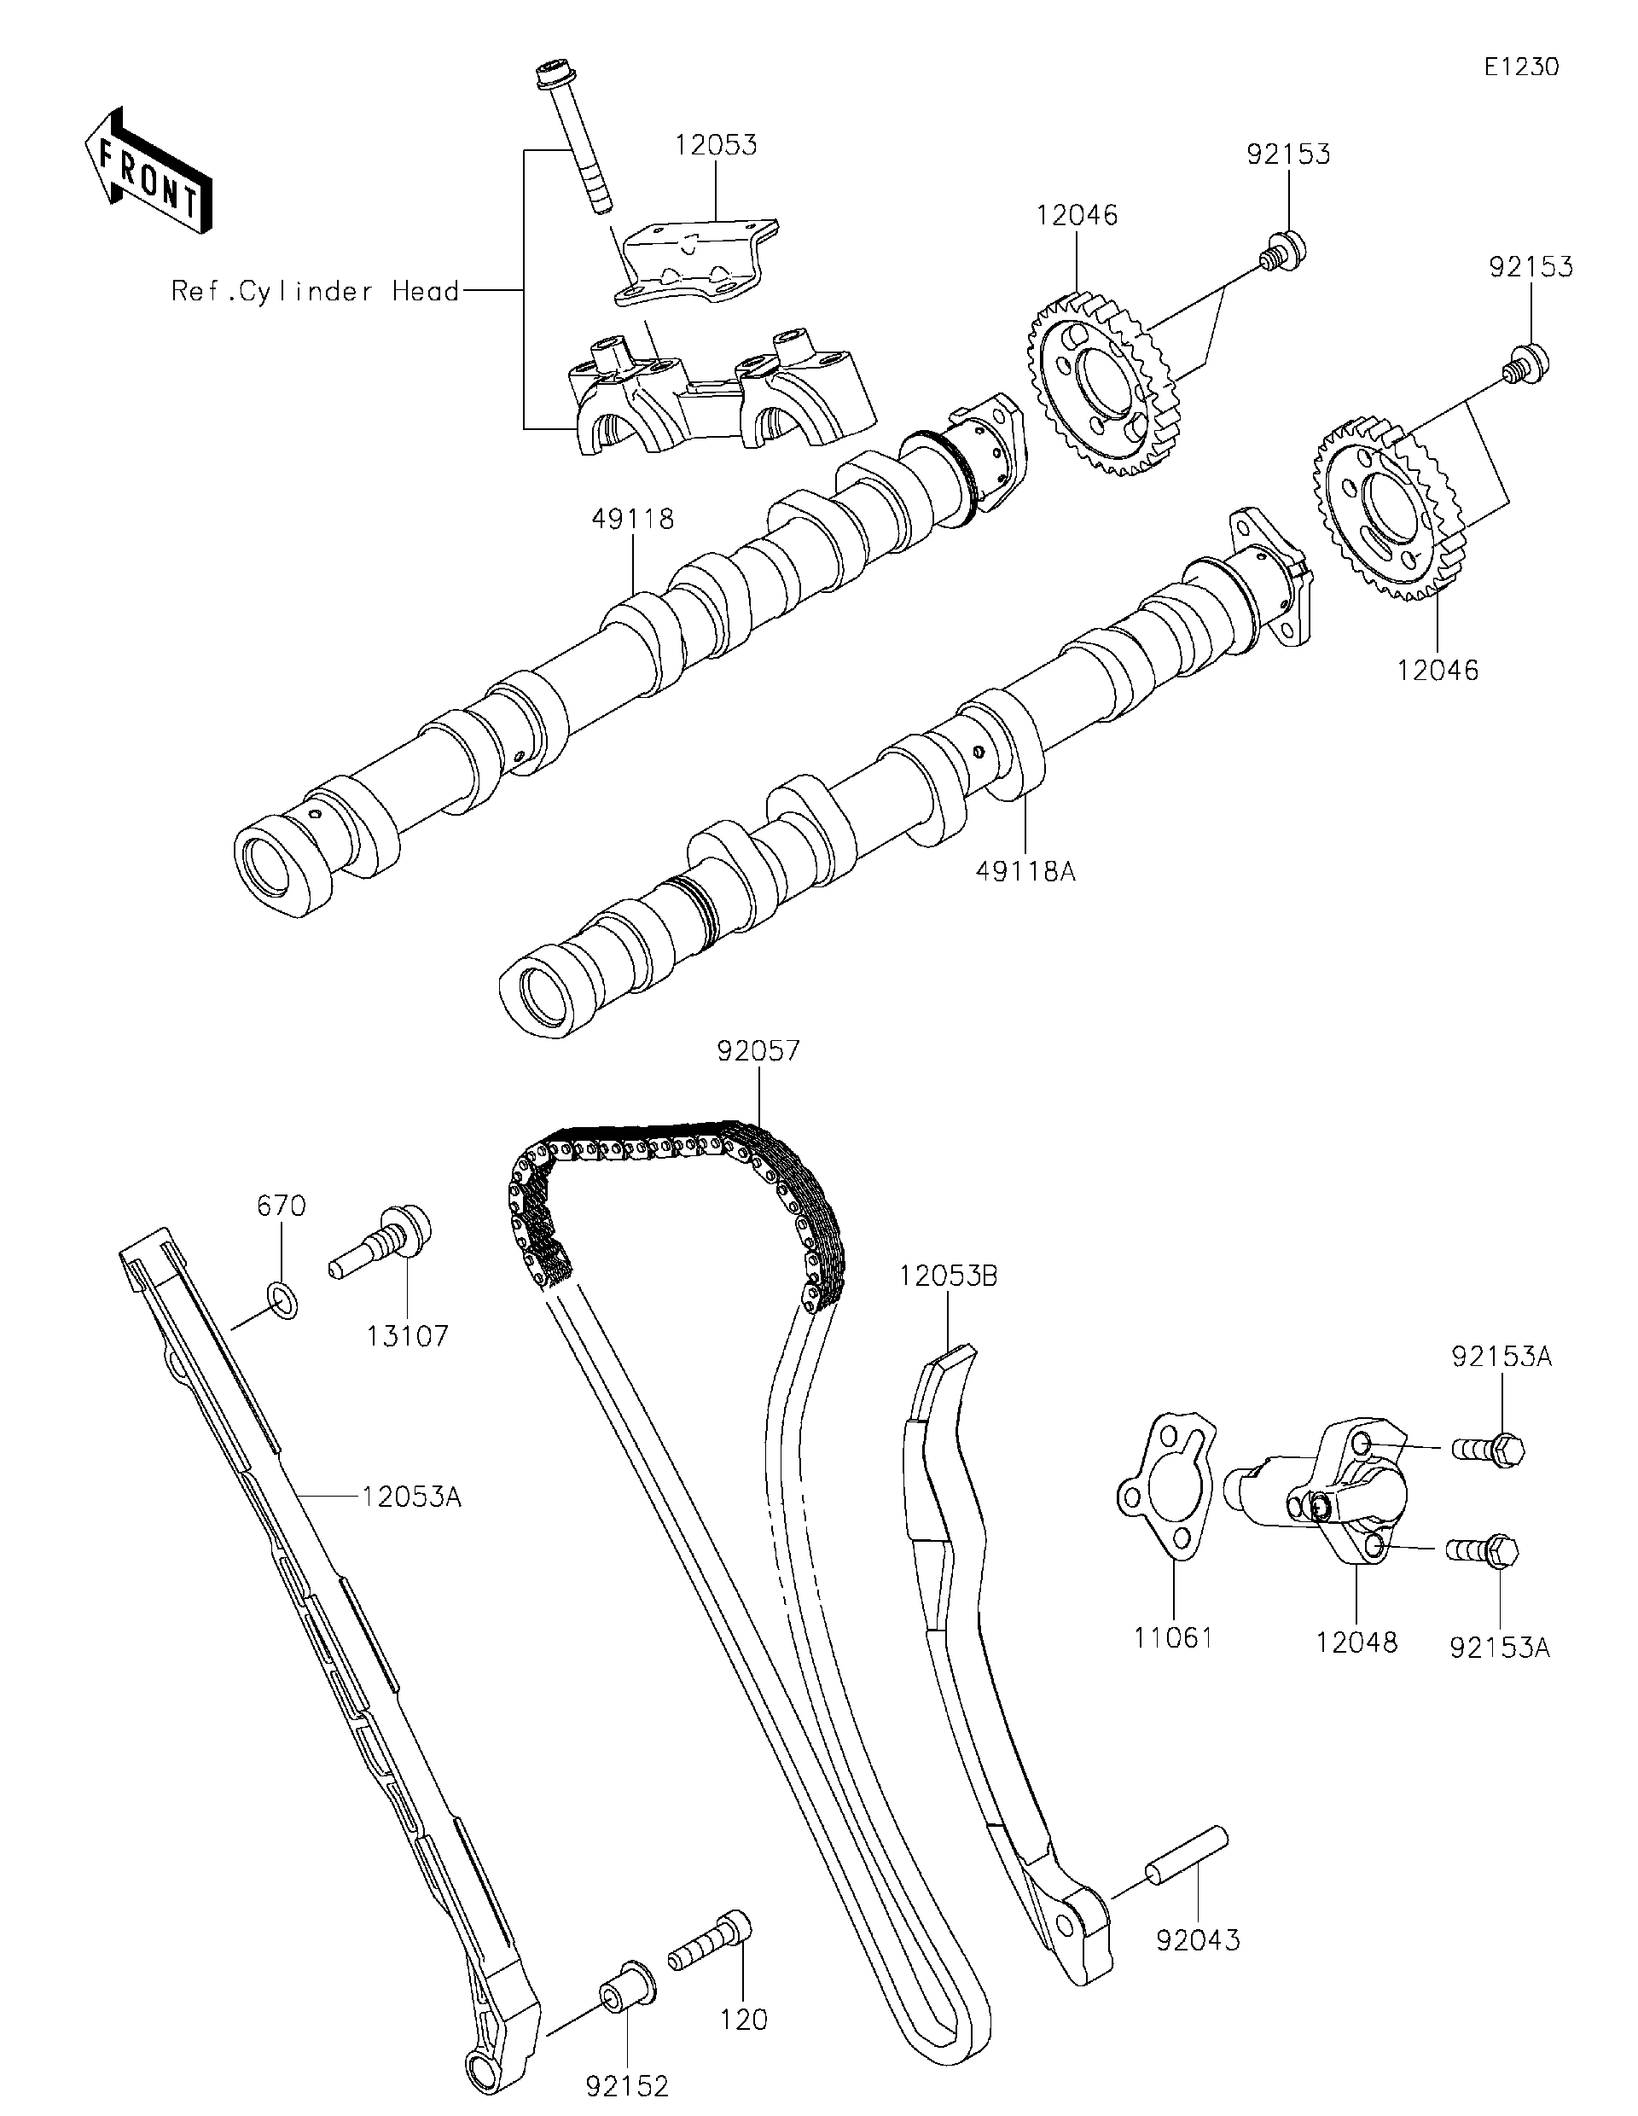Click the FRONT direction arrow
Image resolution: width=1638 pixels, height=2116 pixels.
tap(148, 171)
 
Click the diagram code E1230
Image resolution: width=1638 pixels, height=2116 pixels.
tap(1522, 67)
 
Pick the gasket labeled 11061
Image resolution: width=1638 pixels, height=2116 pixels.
tap(1163, 1491)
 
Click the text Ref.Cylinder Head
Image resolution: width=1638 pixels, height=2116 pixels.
tap(315, 291)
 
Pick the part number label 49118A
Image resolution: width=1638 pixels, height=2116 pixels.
tap(1025, 871)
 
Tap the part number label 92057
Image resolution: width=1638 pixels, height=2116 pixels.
tap(758, 1051)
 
